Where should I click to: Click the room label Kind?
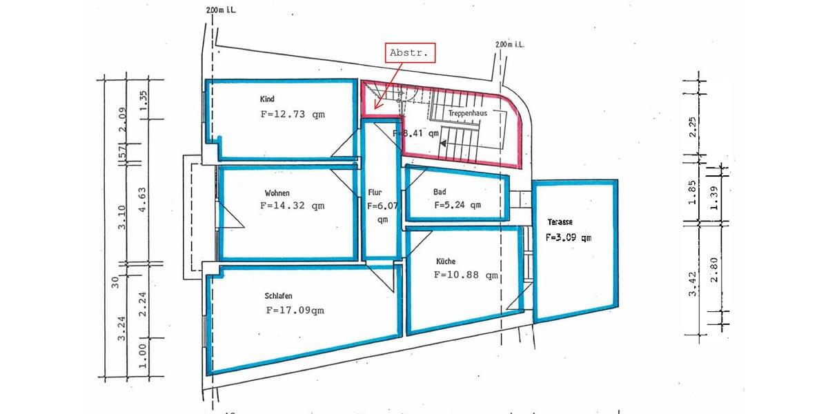(267, 99)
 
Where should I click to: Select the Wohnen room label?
(277, 193)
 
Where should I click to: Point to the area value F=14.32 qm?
(292, 205)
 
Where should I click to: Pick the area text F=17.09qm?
(295, 310)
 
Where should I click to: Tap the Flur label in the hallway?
(375, 193)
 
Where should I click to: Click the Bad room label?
(440, 192)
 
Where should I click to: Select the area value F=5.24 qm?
(457, 205)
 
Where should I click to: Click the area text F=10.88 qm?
(466, 275)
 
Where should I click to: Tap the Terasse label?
(560, 222)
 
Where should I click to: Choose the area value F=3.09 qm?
(569, 237)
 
